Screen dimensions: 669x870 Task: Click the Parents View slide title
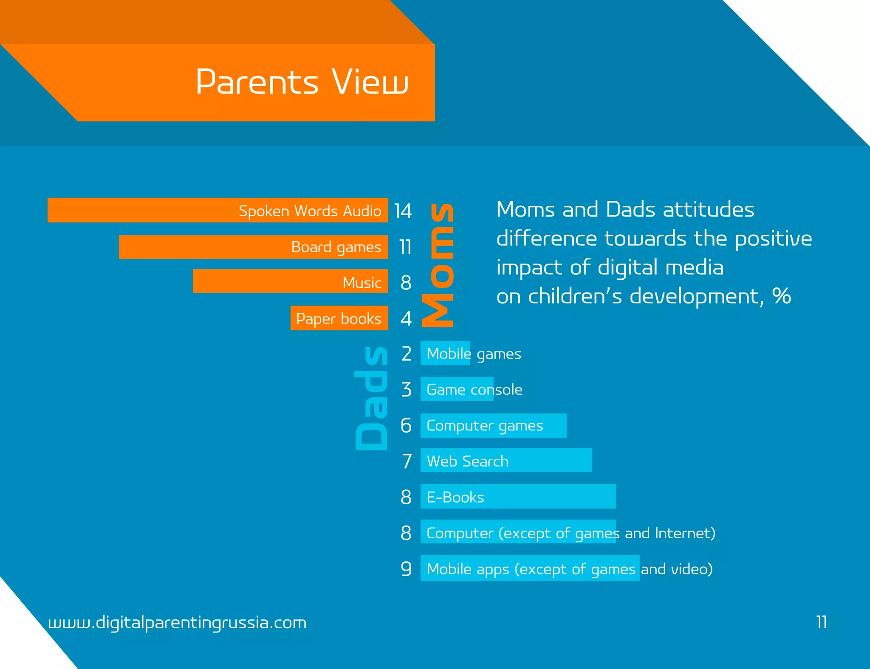coord(302,82)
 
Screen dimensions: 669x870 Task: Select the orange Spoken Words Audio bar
coord(217,210)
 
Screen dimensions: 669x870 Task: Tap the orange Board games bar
coord(253,247)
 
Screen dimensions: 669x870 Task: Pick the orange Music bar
coord(290,281)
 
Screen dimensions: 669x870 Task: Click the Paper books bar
coord(339,318)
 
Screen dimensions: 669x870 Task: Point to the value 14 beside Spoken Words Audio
coord(403,211)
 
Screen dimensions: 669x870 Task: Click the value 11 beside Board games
coord(405,247)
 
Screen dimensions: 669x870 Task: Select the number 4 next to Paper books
coord(406,318)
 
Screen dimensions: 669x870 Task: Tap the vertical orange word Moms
coord(438,265)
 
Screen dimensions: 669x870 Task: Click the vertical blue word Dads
coord(371,398)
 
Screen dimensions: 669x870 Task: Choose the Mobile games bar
coord(445,353)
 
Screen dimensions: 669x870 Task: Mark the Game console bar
coord(457,389)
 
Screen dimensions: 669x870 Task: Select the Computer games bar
coord(493,425)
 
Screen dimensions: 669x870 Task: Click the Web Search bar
coord(506,460)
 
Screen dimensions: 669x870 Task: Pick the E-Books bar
coord(518,496)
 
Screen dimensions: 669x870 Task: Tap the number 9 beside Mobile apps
coord(406,568)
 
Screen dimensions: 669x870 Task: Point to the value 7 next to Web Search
coord(407,461)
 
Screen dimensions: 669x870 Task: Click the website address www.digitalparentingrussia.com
coord(177,623)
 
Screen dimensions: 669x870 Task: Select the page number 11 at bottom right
coord(822,622)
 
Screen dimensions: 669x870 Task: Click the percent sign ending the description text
coord(781,296)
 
